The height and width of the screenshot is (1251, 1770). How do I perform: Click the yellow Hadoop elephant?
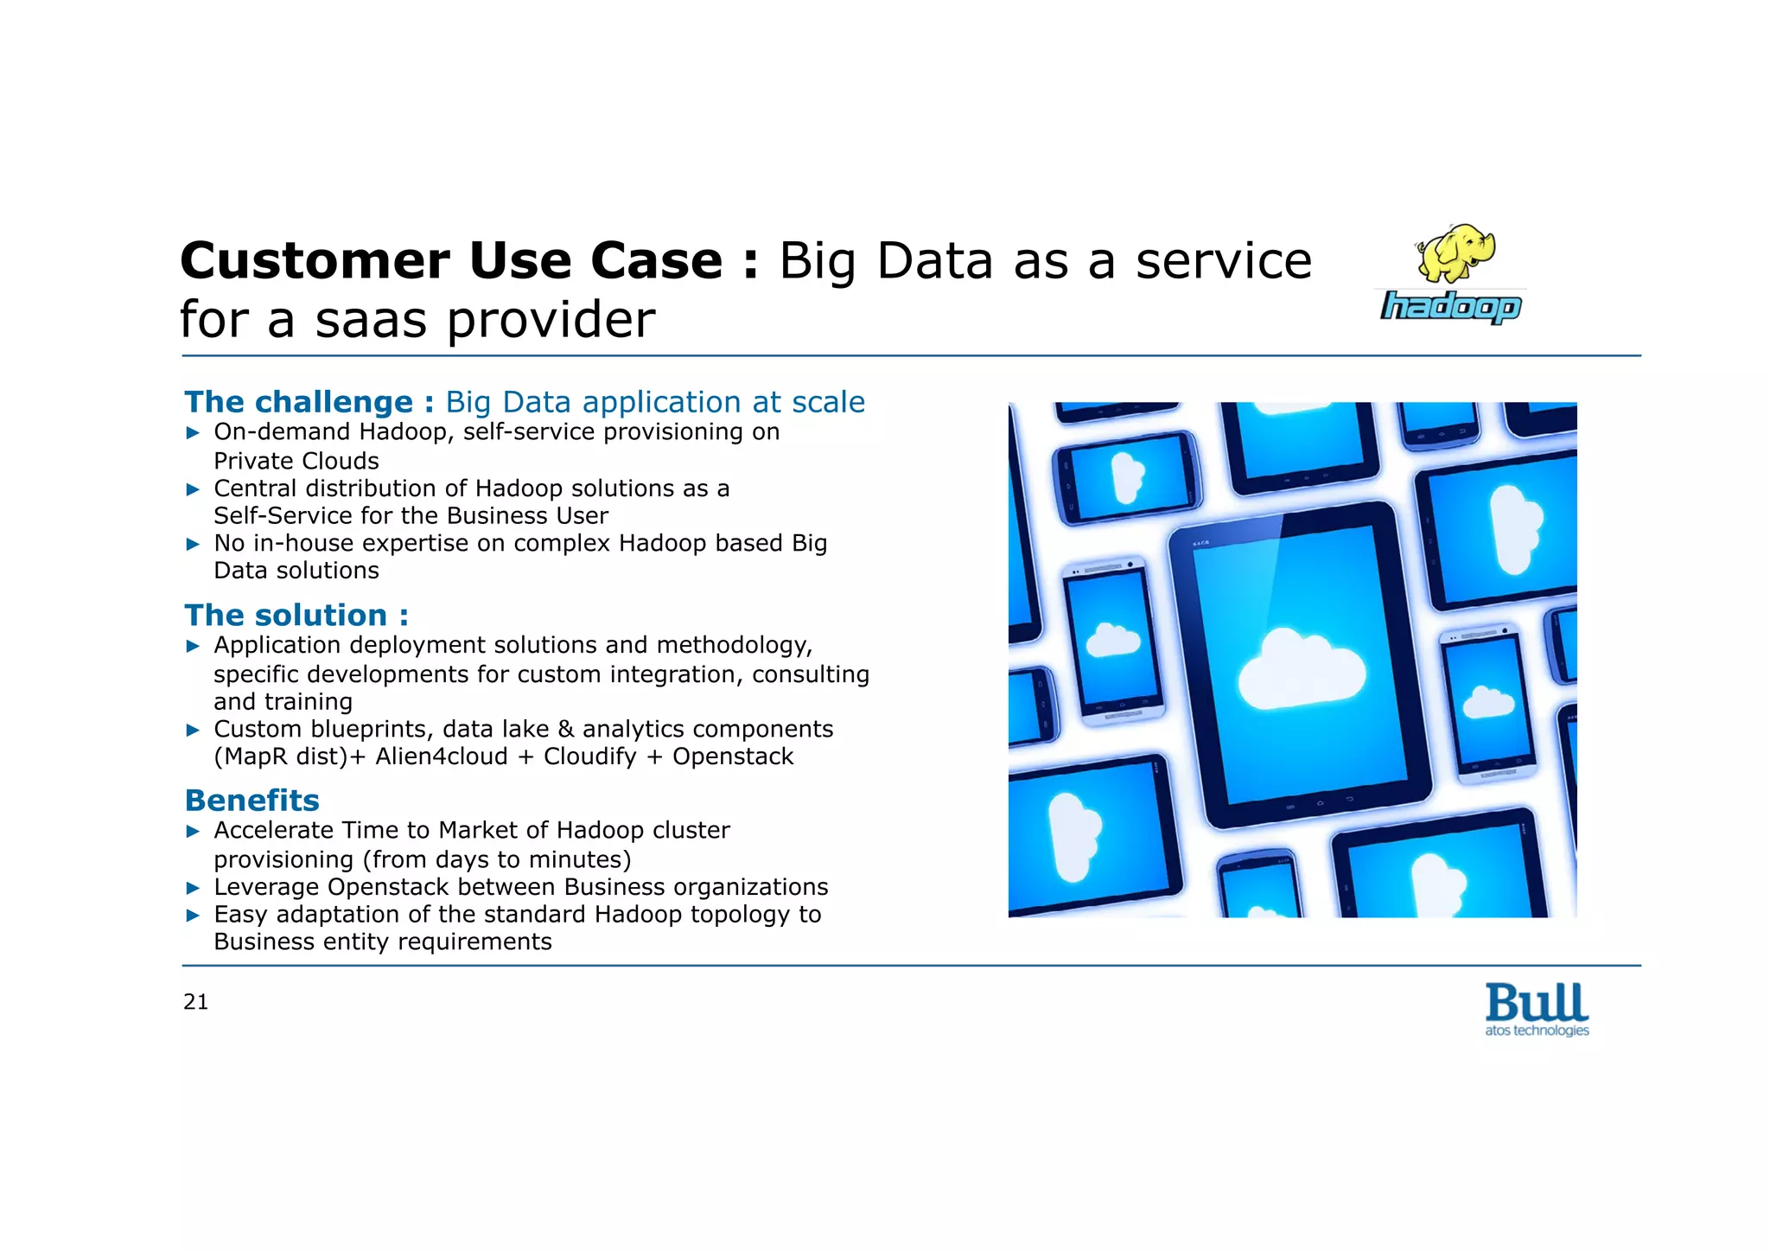(x=1456, y=253)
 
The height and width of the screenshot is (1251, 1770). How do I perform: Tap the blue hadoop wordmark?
(x=1451, y=307)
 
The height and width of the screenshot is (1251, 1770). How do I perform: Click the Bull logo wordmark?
(x=1536, y=1003)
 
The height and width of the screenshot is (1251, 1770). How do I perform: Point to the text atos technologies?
(x=1537, y=1031)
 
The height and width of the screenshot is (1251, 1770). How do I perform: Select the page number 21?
(x=196, y=1002)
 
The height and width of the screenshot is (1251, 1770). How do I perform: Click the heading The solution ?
(x=296, y=616)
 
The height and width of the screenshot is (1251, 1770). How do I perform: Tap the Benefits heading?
(x=251, y=801)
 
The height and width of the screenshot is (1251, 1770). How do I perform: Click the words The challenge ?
(x=309, y=403)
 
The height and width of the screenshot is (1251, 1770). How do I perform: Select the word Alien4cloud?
(x=441, y=756)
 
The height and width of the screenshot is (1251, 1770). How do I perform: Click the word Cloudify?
(x=589, y=756)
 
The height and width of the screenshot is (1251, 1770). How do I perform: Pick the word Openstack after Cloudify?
(x=732, y=756)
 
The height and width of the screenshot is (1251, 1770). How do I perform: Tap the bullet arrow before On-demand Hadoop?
(x=193, y=432)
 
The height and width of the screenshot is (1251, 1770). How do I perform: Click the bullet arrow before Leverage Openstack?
(x=193, y=888)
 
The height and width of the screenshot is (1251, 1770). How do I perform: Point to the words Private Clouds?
(x=296, y=461)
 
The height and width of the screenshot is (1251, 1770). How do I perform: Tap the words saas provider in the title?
(x=484, y=320)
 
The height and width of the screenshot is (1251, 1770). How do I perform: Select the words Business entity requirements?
(x=382, y=941)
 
